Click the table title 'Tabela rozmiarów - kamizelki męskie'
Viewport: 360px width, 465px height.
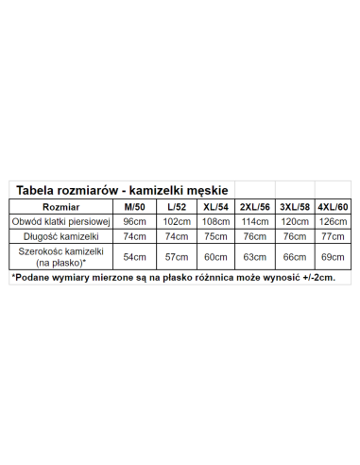click(122, 190)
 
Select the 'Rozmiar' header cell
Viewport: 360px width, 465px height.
click(60, 206)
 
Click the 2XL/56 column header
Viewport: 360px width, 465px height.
click(255, 206)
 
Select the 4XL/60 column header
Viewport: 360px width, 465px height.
click(333, 206)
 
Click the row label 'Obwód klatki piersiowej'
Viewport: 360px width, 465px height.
click(60, 221)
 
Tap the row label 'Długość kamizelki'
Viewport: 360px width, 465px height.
click(60, 236)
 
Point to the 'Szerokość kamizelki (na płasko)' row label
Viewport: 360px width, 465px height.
click(60, 256)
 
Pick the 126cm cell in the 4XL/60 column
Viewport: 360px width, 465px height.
click(333, 221)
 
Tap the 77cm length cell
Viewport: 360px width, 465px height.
click(333, 236)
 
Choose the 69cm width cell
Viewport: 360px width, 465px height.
click(333, 256)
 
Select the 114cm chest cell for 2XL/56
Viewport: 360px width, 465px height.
click(255, 221)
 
